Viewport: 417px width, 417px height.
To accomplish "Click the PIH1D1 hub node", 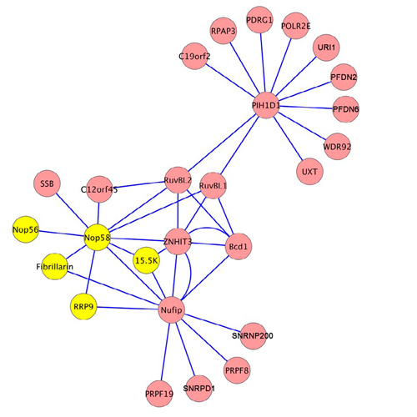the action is coord(266,105).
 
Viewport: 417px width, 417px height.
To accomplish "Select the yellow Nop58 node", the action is coord(97,238).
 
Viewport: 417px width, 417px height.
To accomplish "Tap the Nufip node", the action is coord(171,309).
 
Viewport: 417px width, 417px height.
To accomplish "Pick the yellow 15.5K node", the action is coord(147,260).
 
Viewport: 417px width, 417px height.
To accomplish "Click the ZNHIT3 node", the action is coord(178,242).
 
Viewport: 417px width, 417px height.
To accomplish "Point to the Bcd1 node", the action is coord(239,246).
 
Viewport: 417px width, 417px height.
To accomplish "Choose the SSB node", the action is coord(47,183).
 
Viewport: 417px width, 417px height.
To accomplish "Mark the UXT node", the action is coord(309,172).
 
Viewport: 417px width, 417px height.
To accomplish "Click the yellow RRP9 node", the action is coord(83,306).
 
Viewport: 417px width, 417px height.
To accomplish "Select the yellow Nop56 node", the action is coord(26,229).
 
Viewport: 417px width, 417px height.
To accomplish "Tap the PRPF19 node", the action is coord(159,394).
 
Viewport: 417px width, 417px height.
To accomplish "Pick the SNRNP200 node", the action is coord(253,336).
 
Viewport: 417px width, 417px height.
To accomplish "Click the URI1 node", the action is coord(326,48).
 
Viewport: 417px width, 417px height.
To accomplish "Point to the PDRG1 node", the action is coord(259,20).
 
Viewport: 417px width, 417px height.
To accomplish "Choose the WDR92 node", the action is coord(337,146).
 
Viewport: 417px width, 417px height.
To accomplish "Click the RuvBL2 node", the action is coord(178,180).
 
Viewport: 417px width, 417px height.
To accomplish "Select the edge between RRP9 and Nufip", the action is coord(128,308).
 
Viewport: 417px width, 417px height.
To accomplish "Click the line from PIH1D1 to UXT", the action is coord(288,139).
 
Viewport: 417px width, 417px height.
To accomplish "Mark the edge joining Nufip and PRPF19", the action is coord(165,352).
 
